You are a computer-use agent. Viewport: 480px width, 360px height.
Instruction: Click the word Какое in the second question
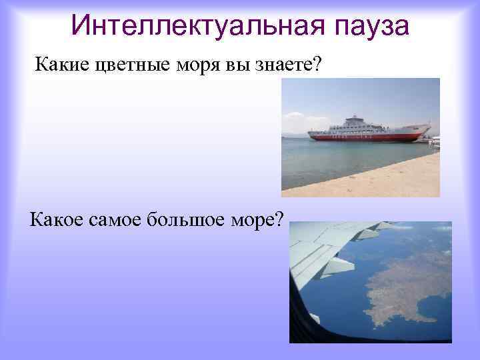[57, 217]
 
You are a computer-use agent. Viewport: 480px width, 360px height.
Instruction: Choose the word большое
[190, 217]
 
